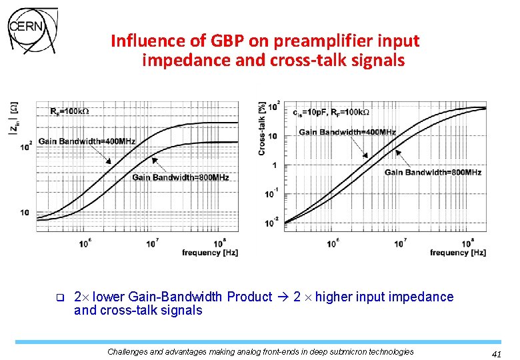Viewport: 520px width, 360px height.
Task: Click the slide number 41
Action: click(495, 354)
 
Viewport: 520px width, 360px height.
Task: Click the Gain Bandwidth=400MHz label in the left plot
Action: click(87, 141)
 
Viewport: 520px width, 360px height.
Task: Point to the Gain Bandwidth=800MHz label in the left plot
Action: click(181, 177)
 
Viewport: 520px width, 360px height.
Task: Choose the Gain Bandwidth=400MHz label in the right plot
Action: click(347, 132)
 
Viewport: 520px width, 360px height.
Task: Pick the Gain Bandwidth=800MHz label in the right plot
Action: click(433, 173)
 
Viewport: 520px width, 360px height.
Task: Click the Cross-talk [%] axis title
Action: click(262, 129)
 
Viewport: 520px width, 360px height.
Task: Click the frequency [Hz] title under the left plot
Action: click(210, 253)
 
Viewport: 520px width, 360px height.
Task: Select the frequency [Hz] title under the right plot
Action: click(457, 253)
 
